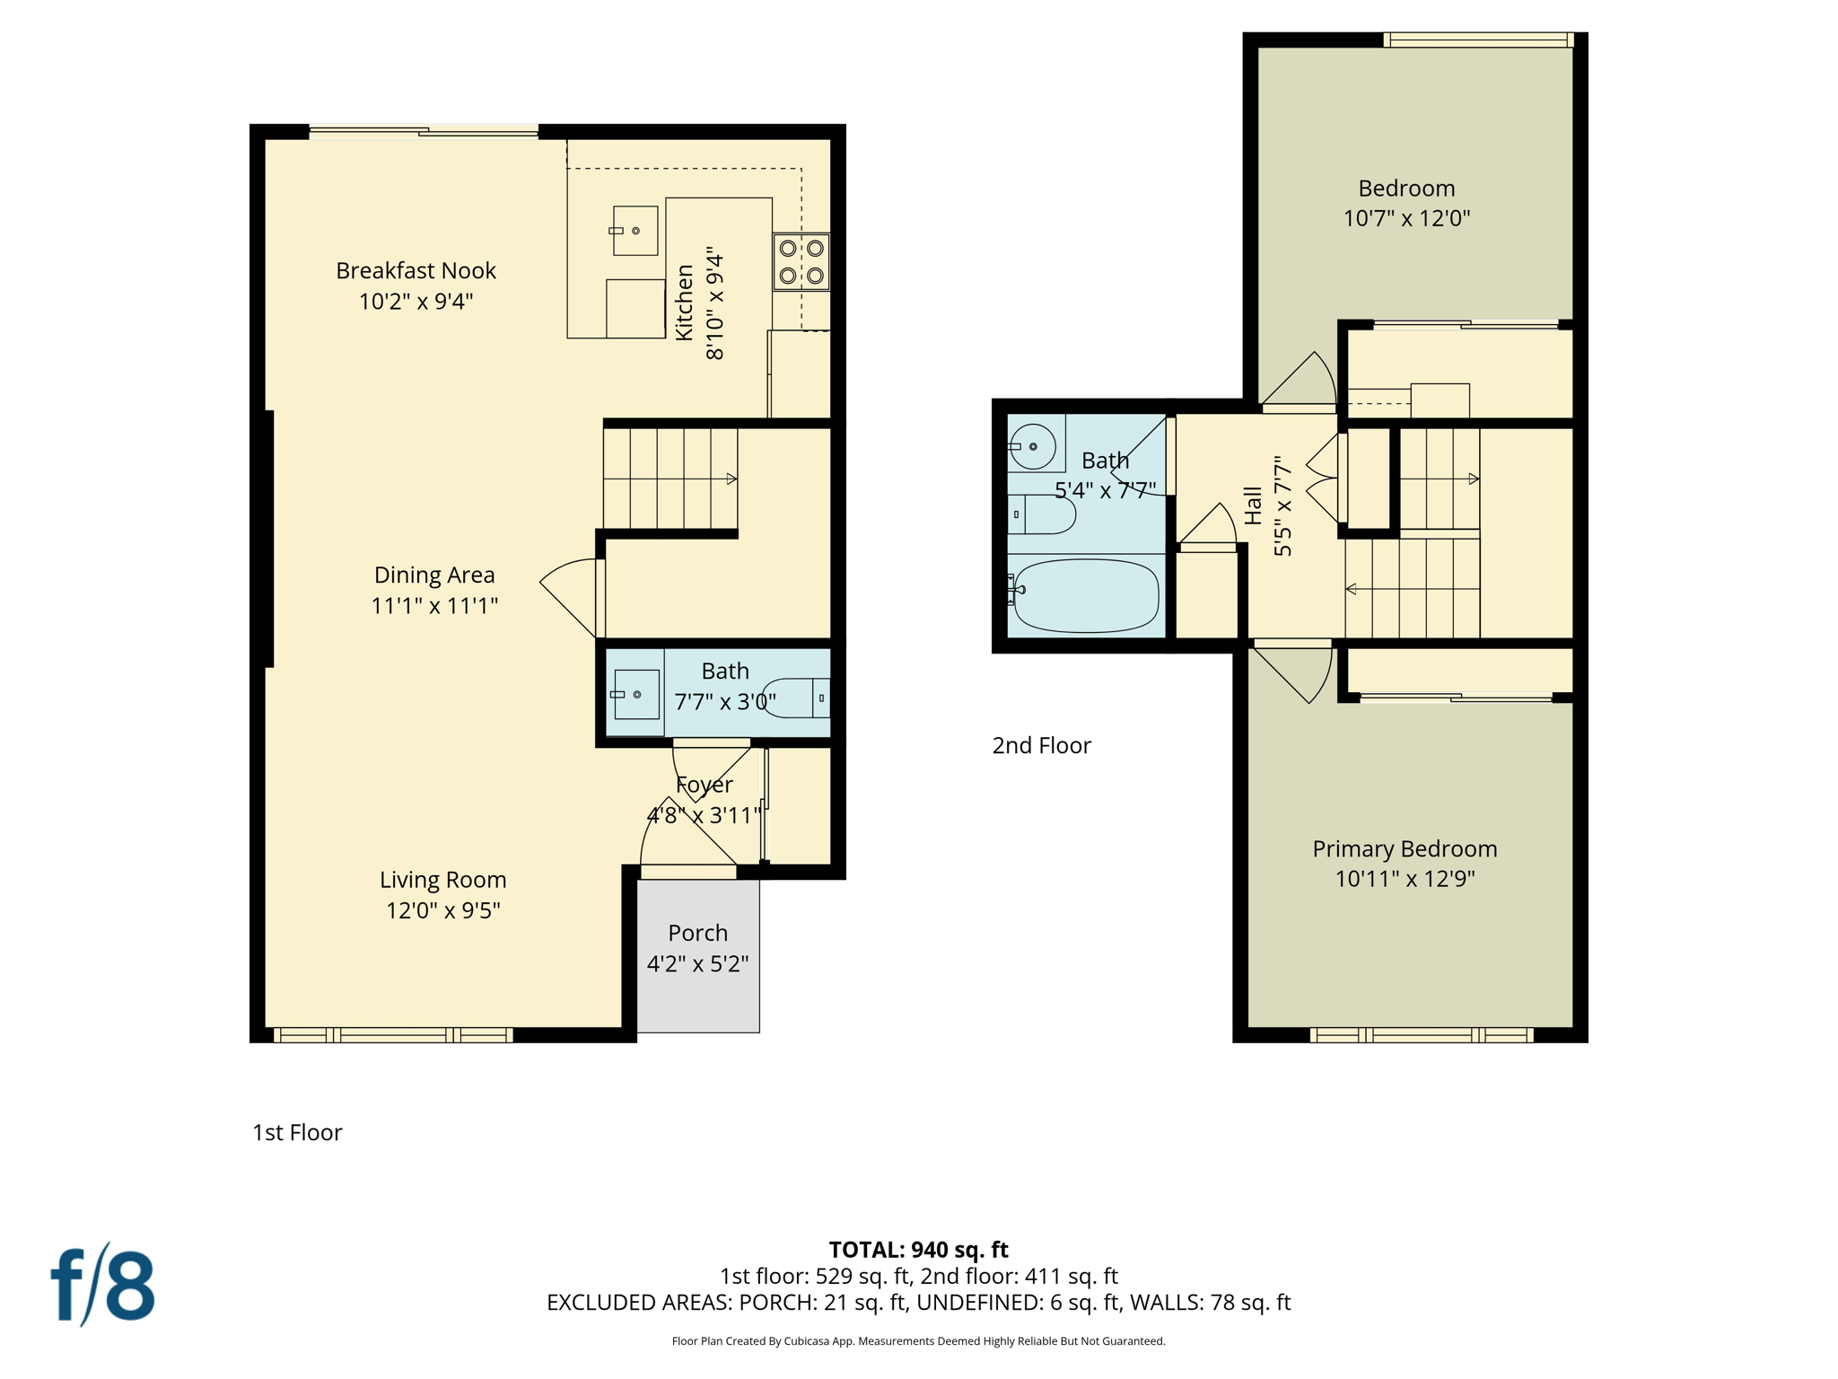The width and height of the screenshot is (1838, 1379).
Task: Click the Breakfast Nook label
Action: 416,270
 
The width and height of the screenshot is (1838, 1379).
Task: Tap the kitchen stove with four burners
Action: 801,261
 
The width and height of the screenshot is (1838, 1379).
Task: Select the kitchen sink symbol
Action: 635,231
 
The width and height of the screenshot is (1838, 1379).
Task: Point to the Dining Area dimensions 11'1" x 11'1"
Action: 434,606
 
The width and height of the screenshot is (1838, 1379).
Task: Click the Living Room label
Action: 442,880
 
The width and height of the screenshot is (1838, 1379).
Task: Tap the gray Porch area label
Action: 697,933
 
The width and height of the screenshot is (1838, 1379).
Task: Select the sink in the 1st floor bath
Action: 635,695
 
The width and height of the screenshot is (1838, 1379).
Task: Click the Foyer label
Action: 705,785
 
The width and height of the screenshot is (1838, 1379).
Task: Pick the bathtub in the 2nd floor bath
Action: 1086,595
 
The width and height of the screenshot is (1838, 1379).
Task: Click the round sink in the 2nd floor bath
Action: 1032,446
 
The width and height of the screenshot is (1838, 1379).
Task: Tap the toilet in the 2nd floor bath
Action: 1043,514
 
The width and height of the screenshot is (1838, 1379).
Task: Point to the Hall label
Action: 1254,505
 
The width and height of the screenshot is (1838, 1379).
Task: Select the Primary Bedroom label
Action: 1405,848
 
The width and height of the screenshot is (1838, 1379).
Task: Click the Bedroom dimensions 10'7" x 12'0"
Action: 1406,218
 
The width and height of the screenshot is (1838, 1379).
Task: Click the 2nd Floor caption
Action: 1041,745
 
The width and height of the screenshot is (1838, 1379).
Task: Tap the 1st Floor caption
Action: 297,1132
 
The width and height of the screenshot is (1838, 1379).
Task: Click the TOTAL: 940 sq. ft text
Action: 918,1250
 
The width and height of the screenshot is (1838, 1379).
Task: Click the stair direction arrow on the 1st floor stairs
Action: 731,479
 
